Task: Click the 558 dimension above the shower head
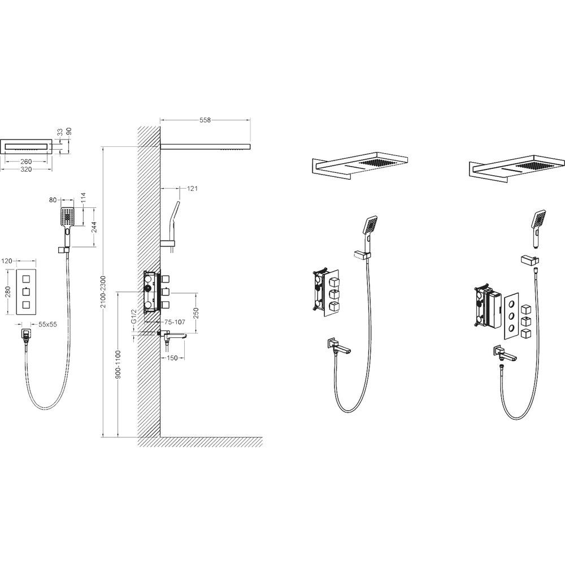coord(205,120)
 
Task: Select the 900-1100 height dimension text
coord(118,364)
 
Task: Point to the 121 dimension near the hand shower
coord(193,188)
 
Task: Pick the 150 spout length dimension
coord(172,358)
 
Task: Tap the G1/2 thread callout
coord(133,316)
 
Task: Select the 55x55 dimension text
coord(47,324)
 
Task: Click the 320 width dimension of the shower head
coord(26,169)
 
